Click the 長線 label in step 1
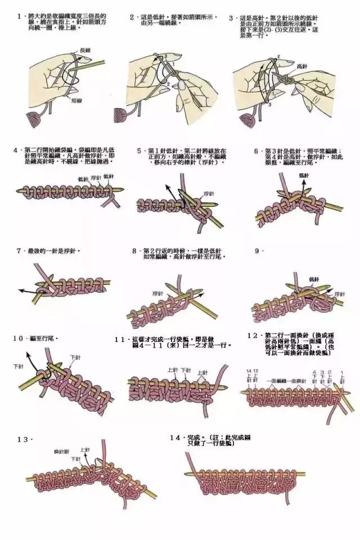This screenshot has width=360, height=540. [85, 50]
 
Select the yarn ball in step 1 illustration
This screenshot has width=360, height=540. [39, 119]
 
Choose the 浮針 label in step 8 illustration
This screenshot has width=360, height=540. [157, 294]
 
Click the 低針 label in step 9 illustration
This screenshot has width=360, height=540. [314, 279]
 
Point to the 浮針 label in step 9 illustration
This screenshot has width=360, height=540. [339, 294]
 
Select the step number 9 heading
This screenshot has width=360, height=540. [258, 250]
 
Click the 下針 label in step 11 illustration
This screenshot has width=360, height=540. [184, 370]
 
